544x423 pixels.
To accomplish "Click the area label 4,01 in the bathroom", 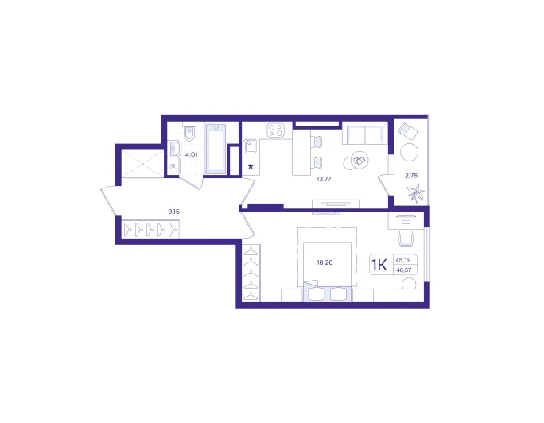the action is pos(191,154).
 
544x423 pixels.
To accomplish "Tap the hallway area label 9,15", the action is pos(174,211).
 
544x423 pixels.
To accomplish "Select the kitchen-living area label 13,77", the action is pos(324,179).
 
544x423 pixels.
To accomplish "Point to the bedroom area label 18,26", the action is pos(324,262).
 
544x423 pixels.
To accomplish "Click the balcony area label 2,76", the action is pos(411,176).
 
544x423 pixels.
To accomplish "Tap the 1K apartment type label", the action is pos(379,265).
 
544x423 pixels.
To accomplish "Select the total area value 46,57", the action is pos(403,270).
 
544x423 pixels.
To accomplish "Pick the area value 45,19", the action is pos(403,260).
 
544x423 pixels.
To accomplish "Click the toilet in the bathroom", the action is pos(189,131).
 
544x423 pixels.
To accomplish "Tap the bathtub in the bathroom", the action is pos(216,149).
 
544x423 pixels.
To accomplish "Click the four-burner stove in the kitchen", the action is pos(275,130).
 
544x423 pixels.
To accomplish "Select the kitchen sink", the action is pos(251,146).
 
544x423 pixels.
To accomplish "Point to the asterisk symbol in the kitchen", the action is pos(251,166).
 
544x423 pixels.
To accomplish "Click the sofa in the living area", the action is pos(365,133).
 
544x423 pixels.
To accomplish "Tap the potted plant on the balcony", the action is pos(416,192).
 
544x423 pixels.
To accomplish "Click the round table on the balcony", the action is pos(409,152).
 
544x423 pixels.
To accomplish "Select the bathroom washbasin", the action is pos(174,149).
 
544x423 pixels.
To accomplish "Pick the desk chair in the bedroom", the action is pos(406,239).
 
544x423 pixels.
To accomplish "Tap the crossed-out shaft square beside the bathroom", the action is pos(142,164).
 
